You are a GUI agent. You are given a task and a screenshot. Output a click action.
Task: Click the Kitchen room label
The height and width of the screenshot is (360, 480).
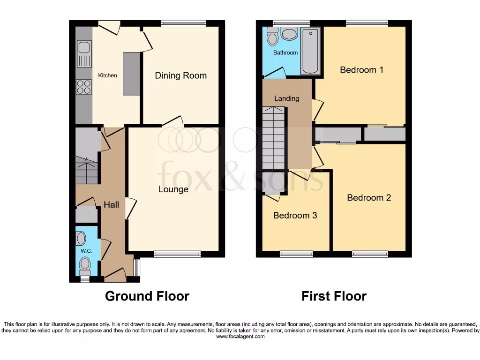(x=107, y=75)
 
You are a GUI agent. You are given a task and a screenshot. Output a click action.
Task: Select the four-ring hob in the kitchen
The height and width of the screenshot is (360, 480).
(x=84, y=87)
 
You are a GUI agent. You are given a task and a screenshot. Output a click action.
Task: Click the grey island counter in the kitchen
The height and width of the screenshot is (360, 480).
(x=131, y=74)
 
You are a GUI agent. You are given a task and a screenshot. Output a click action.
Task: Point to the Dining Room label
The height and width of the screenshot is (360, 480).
(x=180, y=75)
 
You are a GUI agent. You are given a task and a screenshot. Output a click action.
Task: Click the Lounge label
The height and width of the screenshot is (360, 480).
(x=173, y=189)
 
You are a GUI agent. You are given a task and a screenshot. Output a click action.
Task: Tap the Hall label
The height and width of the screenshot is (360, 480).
(x=112, y=204)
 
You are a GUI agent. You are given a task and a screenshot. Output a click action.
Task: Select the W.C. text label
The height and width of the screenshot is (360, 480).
(x=85, y=251)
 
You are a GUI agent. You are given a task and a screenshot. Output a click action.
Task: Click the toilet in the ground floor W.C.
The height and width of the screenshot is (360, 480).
(x=85, y=272)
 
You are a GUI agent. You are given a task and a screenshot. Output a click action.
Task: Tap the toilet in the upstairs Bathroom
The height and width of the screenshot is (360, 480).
(x=272, y=36)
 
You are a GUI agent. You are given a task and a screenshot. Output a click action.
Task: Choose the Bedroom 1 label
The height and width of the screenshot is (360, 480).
(x=361, y=70)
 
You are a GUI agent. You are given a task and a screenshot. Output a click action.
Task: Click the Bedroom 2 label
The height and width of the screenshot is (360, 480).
(x=368, y=197)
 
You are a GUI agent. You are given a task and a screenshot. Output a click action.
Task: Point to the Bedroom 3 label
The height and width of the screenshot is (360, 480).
(x=295, y=215)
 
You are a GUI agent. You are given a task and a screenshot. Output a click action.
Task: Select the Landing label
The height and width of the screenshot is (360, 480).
(x=286, y=98)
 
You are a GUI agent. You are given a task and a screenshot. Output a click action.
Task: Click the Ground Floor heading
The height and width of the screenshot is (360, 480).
(x=147, y=296)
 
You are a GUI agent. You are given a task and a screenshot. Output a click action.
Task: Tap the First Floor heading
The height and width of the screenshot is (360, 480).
(x=334, y=296)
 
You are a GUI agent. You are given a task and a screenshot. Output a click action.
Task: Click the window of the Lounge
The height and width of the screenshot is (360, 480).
(x=177, y=254)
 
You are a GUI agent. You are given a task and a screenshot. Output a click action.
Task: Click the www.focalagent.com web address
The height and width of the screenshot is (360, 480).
(x=240, y=336)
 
